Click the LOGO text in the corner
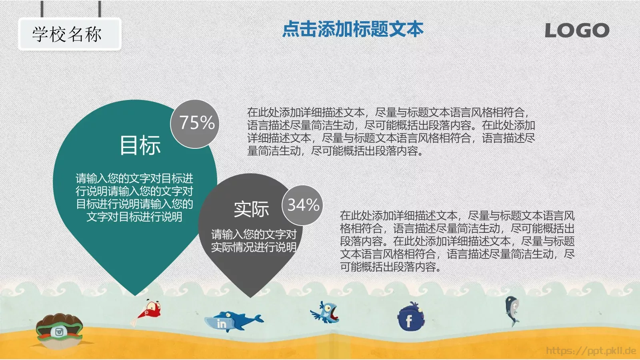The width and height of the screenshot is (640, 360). click(x=577, y=30)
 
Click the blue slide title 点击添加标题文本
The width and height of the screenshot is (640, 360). click(x=352, y=29)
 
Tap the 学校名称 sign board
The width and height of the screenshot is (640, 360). click(x=69, y=34)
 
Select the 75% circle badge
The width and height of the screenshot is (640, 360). click(x=196, y=123)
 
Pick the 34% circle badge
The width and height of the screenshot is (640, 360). click(x=303, y=205)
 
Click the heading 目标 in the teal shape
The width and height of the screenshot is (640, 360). click(x=140, y=145)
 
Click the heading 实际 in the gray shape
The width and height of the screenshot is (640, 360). click(x=251, y=209)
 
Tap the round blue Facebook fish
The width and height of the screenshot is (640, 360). click(x=410, y=318)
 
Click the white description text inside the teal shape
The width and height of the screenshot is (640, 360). click(x=134, y=198)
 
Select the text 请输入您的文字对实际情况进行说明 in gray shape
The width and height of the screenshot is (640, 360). click(x=254, y=241)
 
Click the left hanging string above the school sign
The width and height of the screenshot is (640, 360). click(x=42, y=9)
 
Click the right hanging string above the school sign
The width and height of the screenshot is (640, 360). click(x=100, y=9)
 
